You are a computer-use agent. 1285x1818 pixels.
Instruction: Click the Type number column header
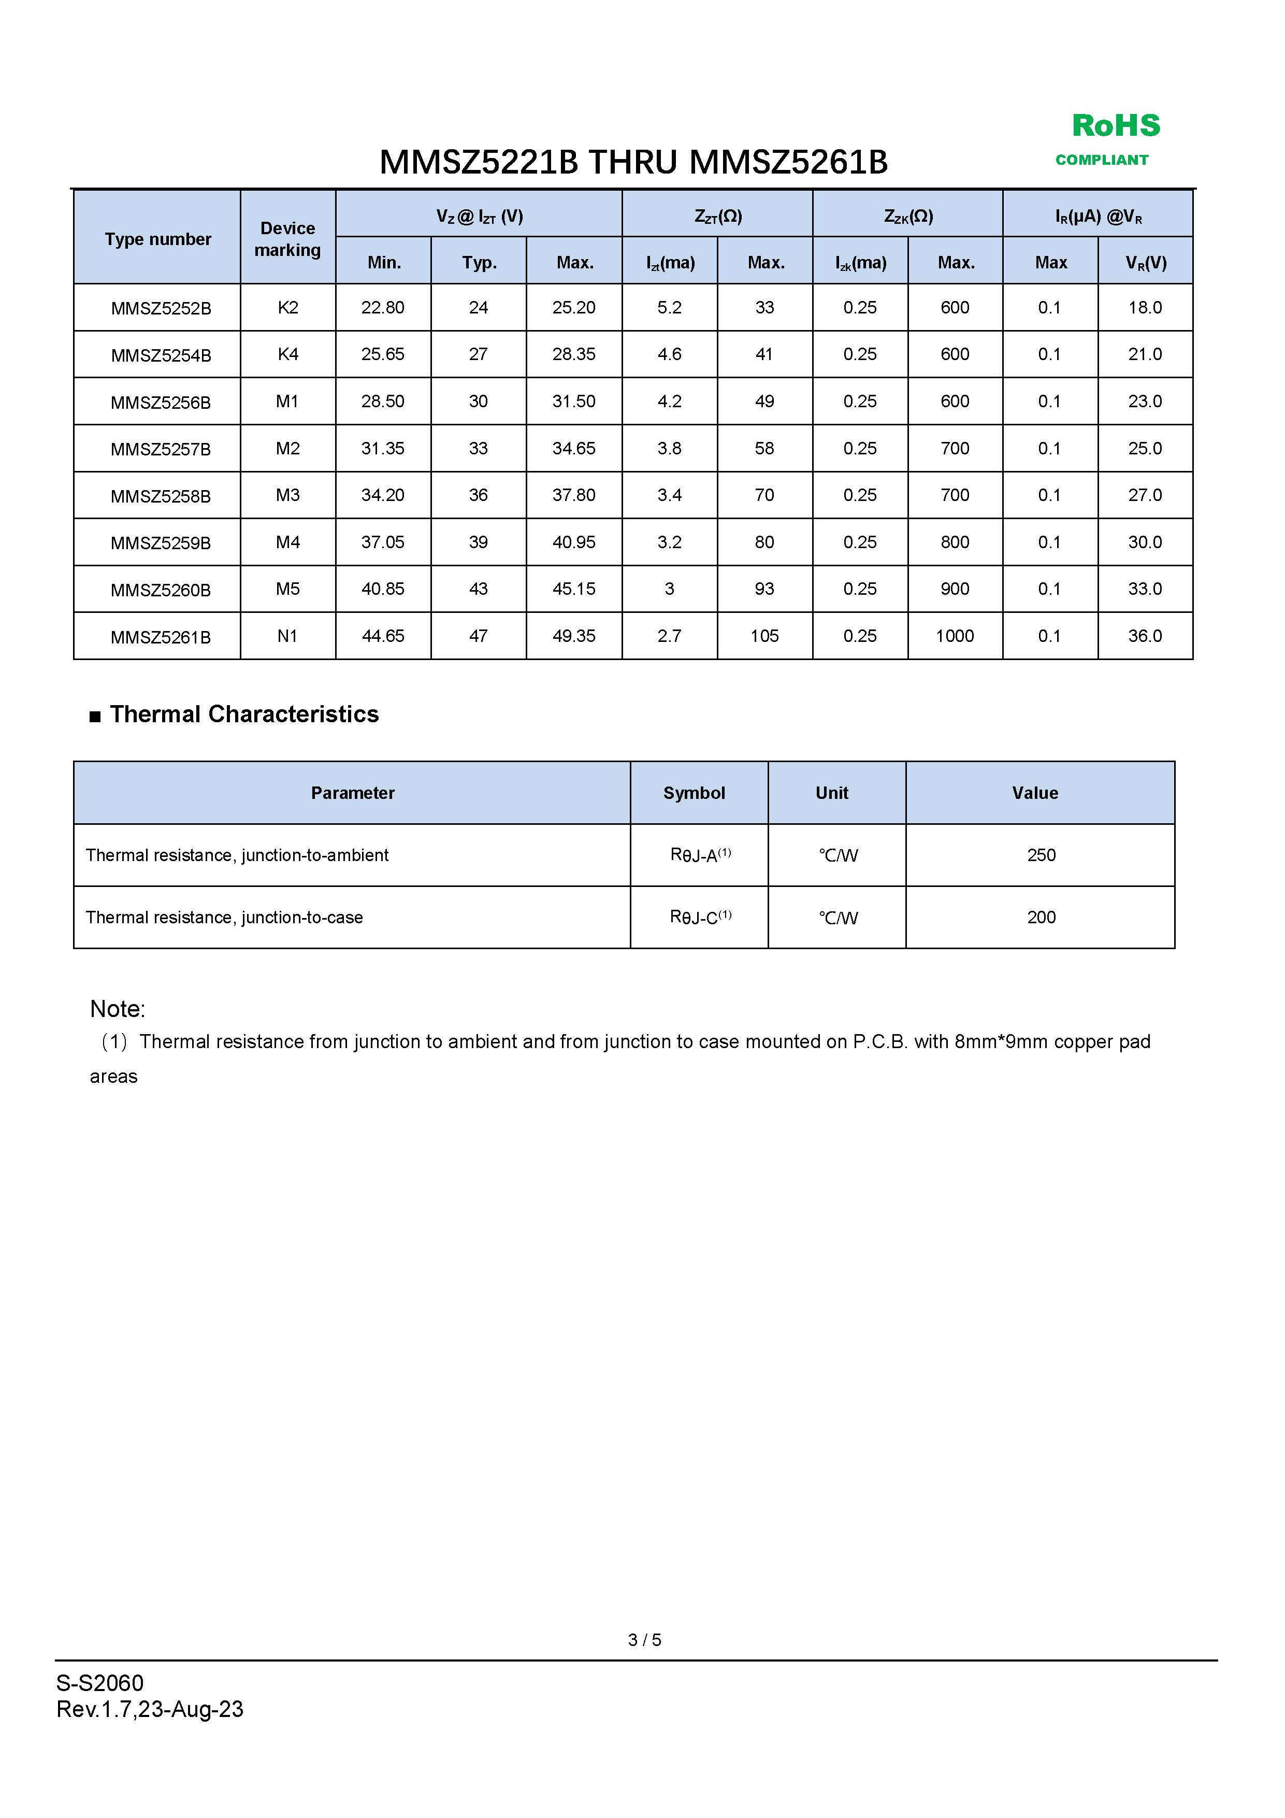pos(158,239)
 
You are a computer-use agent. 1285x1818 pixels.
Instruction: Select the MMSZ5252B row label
pos(161,309)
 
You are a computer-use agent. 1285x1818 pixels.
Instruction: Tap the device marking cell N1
pos(287,636)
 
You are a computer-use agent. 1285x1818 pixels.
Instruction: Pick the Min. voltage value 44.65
pos(383,636)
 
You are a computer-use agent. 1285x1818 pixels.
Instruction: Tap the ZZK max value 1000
pos(955,636)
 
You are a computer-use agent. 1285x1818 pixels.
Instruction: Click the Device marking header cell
pos(287,239)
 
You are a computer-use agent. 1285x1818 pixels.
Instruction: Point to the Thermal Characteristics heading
pos(244,714)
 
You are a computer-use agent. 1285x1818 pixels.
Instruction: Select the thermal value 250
pos(1041,855)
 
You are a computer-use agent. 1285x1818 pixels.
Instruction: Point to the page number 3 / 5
pos(644,1640)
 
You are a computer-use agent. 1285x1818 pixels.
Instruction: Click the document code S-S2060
pos(100,1683)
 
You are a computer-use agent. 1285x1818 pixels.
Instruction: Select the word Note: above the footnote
pos(117,1009)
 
